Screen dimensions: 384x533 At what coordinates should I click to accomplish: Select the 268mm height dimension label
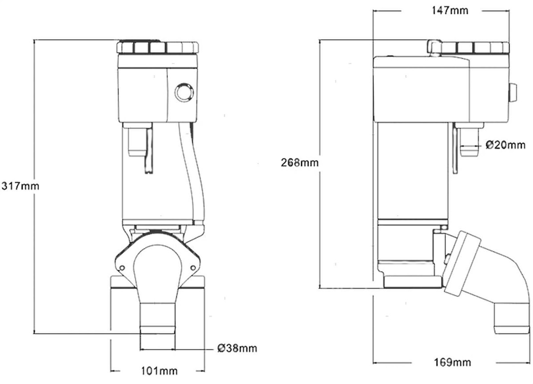[300, 163]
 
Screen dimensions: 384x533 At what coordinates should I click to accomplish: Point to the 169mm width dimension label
[453, 362]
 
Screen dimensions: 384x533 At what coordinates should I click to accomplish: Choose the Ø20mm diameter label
[505, 145]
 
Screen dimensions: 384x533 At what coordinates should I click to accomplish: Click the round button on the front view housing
[183, 92]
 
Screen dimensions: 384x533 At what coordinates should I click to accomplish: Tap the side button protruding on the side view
[513, 94]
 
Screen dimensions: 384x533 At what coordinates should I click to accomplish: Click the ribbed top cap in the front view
[158, 47]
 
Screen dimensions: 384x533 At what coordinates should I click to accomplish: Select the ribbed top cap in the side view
[475, 48]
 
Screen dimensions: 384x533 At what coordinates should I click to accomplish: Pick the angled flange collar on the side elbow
[462, 264]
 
